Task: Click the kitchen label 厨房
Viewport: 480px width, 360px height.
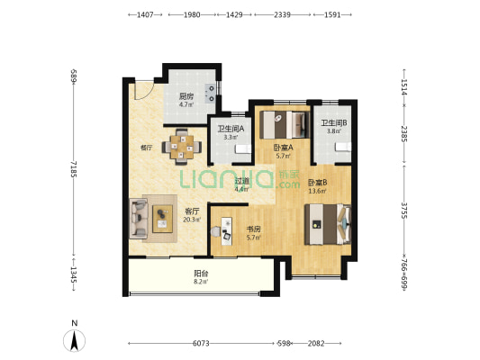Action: click(186, 96)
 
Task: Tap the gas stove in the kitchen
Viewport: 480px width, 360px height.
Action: click(211, 94)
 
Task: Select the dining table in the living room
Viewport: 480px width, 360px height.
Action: click(182, 147)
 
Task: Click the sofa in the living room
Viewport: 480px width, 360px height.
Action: click(139, 219)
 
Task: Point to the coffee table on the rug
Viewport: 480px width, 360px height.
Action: click(162, 219)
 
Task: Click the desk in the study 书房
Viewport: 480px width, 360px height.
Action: click(227, 231)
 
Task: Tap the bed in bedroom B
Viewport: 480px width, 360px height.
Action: click(328, 224)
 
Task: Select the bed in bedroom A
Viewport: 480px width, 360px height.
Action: click(284, 125)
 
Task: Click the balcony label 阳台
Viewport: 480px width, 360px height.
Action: click(201, 273)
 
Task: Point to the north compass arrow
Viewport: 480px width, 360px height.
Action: click(74, 340)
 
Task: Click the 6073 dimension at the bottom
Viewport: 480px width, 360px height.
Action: click(201, 344)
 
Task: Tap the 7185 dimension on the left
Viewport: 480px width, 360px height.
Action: click(73, 169)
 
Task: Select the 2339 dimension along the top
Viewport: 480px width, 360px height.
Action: click(282, 14)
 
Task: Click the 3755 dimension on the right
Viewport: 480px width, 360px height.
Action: click(404, 211)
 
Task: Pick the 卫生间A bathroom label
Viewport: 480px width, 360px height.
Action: click(231, 129)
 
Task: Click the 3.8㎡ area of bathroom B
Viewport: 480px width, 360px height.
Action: click(334, 131)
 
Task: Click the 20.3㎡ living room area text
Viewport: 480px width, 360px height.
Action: click(192, 220)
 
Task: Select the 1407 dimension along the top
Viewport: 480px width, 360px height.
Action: click(145, 14)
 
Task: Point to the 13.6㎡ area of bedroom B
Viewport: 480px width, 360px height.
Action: click(317, 192)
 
